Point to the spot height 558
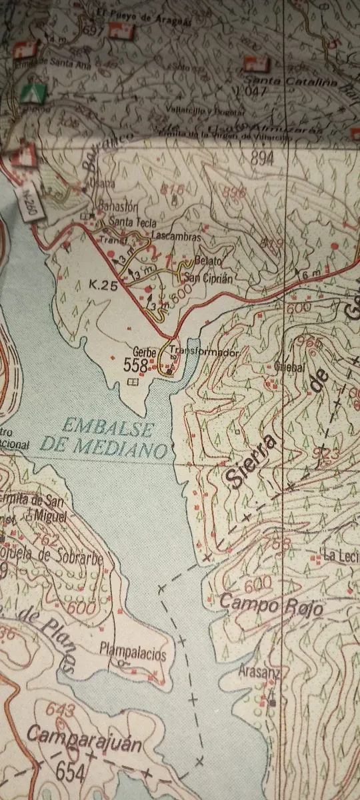(135, 365)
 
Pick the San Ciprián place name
(208, 279)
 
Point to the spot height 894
(263, 157)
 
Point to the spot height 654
(71, 773)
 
